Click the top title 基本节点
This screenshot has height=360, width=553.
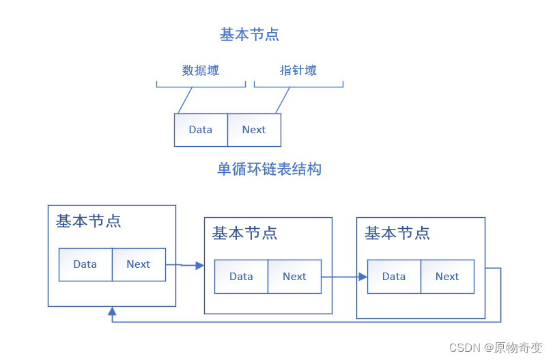point(249,34)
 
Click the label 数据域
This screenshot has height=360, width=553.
point(200,70)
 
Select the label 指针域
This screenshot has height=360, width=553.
point(298,70)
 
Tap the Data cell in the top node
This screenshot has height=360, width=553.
point(201,130)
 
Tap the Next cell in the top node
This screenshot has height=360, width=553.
point(254,130)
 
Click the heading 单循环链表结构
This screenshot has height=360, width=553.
point(269,169)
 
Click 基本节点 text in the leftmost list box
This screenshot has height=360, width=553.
point(89,221)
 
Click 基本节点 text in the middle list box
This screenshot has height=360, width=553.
point(244,233)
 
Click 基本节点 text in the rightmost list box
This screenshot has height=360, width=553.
point(397,233)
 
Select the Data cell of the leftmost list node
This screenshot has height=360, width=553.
point(85,264)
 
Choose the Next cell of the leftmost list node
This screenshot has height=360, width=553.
point(139,264)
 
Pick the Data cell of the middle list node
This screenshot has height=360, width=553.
point(241,277)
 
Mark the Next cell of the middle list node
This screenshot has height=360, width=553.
point(294,277)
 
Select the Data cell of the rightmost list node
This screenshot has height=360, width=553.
point(394,277)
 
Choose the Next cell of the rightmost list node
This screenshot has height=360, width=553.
point(447,277)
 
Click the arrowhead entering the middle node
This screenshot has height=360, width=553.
point(200,265)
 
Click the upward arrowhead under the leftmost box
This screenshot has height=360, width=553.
point(112,311)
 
